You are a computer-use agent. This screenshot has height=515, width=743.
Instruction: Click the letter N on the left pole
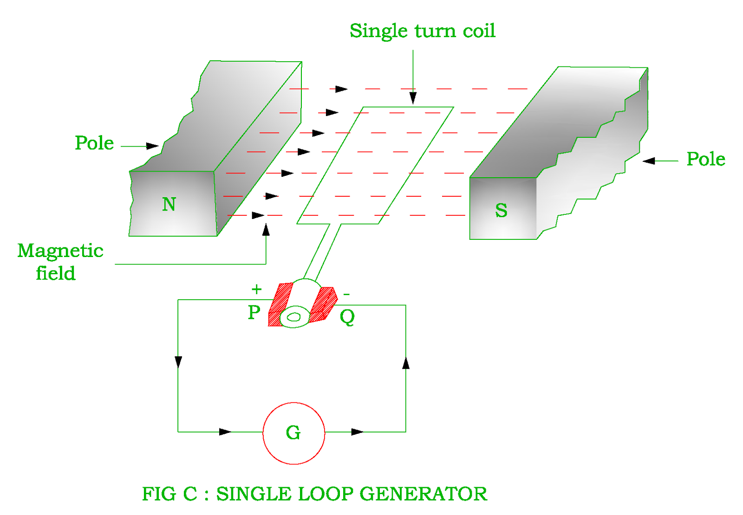pyautogui.click(x=169, y=205)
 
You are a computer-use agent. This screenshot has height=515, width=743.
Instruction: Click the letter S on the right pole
pyautogui.click(x=501, y=211)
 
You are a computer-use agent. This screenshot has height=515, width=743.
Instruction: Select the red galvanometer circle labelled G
pyautogui.click(x=293, y=433)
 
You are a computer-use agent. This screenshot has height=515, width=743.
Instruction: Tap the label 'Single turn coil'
pyautogui.click(x=422, y=31)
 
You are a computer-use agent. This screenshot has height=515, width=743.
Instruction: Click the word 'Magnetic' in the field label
pyautogui.click(x=60, y=251)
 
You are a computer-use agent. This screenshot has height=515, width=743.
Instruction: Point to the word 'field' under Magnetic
pyautogui.click(x=56, y=273)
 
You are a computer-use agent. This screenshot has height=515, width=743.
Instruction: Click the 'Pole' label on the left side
pyautogui.click(x=94, y=143)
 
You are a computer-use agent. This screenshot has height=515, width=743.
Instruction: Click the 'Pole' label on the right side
pyautogui.click(x=706, y=159)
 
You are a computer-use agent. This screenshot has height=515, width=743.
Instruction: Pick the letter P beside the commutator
pyautogui.click(x=254, y=313)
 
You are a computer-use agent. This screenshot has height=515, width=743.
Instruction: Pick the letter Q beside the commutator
pyautogui.click(x=347, y=317)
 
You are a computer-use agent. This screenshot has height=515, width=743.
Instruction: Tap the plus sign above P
pyautogui.click(x=256, y=290)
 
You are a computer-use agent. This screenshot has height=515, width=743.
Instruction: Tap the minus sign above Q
pyautogui.click(x=346, y=294)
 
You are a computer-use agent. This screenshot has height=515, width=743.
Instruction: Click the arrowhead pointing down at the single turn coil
pyautogui.click(x=413, y=98)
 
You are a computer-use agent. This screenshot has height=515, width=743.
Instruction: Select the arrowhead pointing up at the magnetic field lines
pyautogui.click(x=266, y=230)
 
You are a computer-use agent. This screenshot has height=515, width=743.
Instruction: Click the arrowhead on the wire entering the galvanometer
pyautogui.click(x=225, y=432)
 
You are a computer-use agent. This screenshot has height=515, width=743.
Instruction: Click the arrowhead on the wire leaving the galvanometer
pyautogui.click(x=357, y=432)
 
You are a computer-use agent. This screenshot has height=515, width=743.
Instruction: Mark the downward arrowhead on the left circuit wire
pyautogui.click(x=178, y=362)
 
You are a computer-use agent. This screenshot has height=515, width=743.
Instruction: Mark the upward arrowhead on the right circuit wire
pyautogui.click(x=406, y=363)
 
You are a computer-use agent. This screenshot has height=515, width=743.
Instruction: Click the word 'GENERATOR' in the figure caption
pyautogui.click(x=424, y=494)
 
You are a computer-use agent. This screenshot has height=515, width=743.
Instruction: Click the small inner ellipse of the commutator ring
pyautogui.click(x=294, y=317)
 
